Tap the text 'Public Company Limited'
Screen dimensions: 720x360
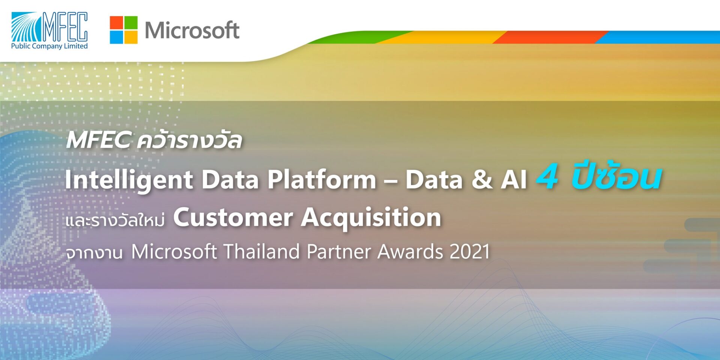point(49,46)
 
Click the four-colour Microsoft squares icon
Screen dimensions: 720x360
point(123,30)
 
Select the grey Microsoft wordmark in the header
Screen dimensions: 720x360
point(192,30)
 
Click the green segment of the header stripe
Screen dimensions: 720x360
point(356,37)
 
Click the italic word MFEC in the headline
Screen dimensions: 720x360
point(98,140)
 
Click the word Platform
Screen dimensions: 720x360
point(321,179)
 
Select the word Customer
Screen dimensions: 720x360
point(233,217)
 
